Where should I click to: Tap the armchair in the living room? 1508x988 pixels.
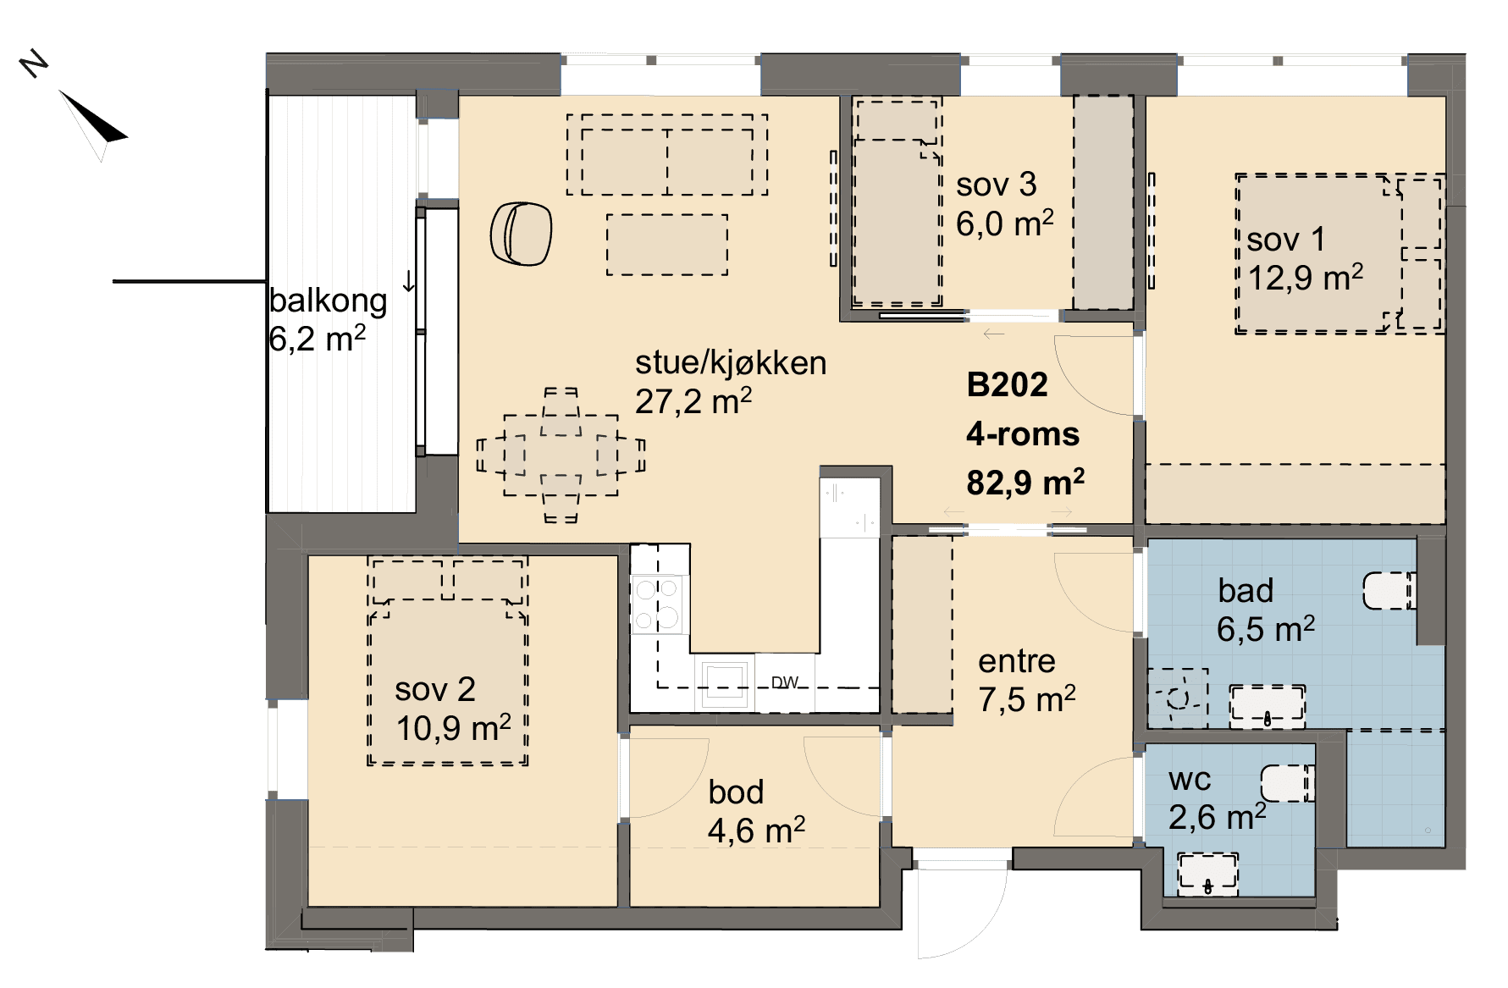point(521,234)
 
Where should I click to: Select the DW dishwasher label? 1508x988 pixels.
point(785,682)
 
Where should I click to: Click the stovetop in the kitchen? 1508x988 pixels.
point(658,604)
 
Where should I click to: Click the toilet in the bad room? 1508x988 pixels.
point(1389,591)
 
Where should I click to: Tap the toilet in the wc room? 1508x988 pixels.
point(1287,783)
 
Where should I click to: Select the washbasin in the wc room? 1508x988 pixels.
point(1207,875)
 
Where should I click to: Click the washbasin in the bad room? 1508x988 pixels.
point(1267,706)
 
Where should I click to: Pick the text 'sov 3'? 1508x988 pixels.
point(996,185)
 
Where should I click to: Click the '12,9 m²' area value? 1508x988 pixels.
point(1306,278)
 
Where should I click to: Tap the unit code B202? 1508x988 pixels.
point(1007,385)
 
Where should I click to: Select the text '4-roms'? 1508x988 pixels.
point(1023,434)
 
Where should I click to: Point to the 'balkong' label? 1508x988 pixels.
point(329,301)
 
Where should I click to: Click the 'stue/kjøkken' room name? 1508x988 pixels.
point(731,363)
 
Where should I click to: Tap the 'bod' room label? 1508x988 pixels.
point(736,792)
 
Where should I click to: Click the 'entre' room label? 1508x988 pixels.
point(1017,661)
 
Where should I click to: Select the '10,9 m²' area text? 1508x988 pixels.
point(453,728)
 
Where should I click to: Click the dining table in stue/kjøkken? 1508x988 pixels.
point(561,455)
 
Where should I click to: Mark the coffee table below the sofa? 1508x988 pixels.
point(666,245)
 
